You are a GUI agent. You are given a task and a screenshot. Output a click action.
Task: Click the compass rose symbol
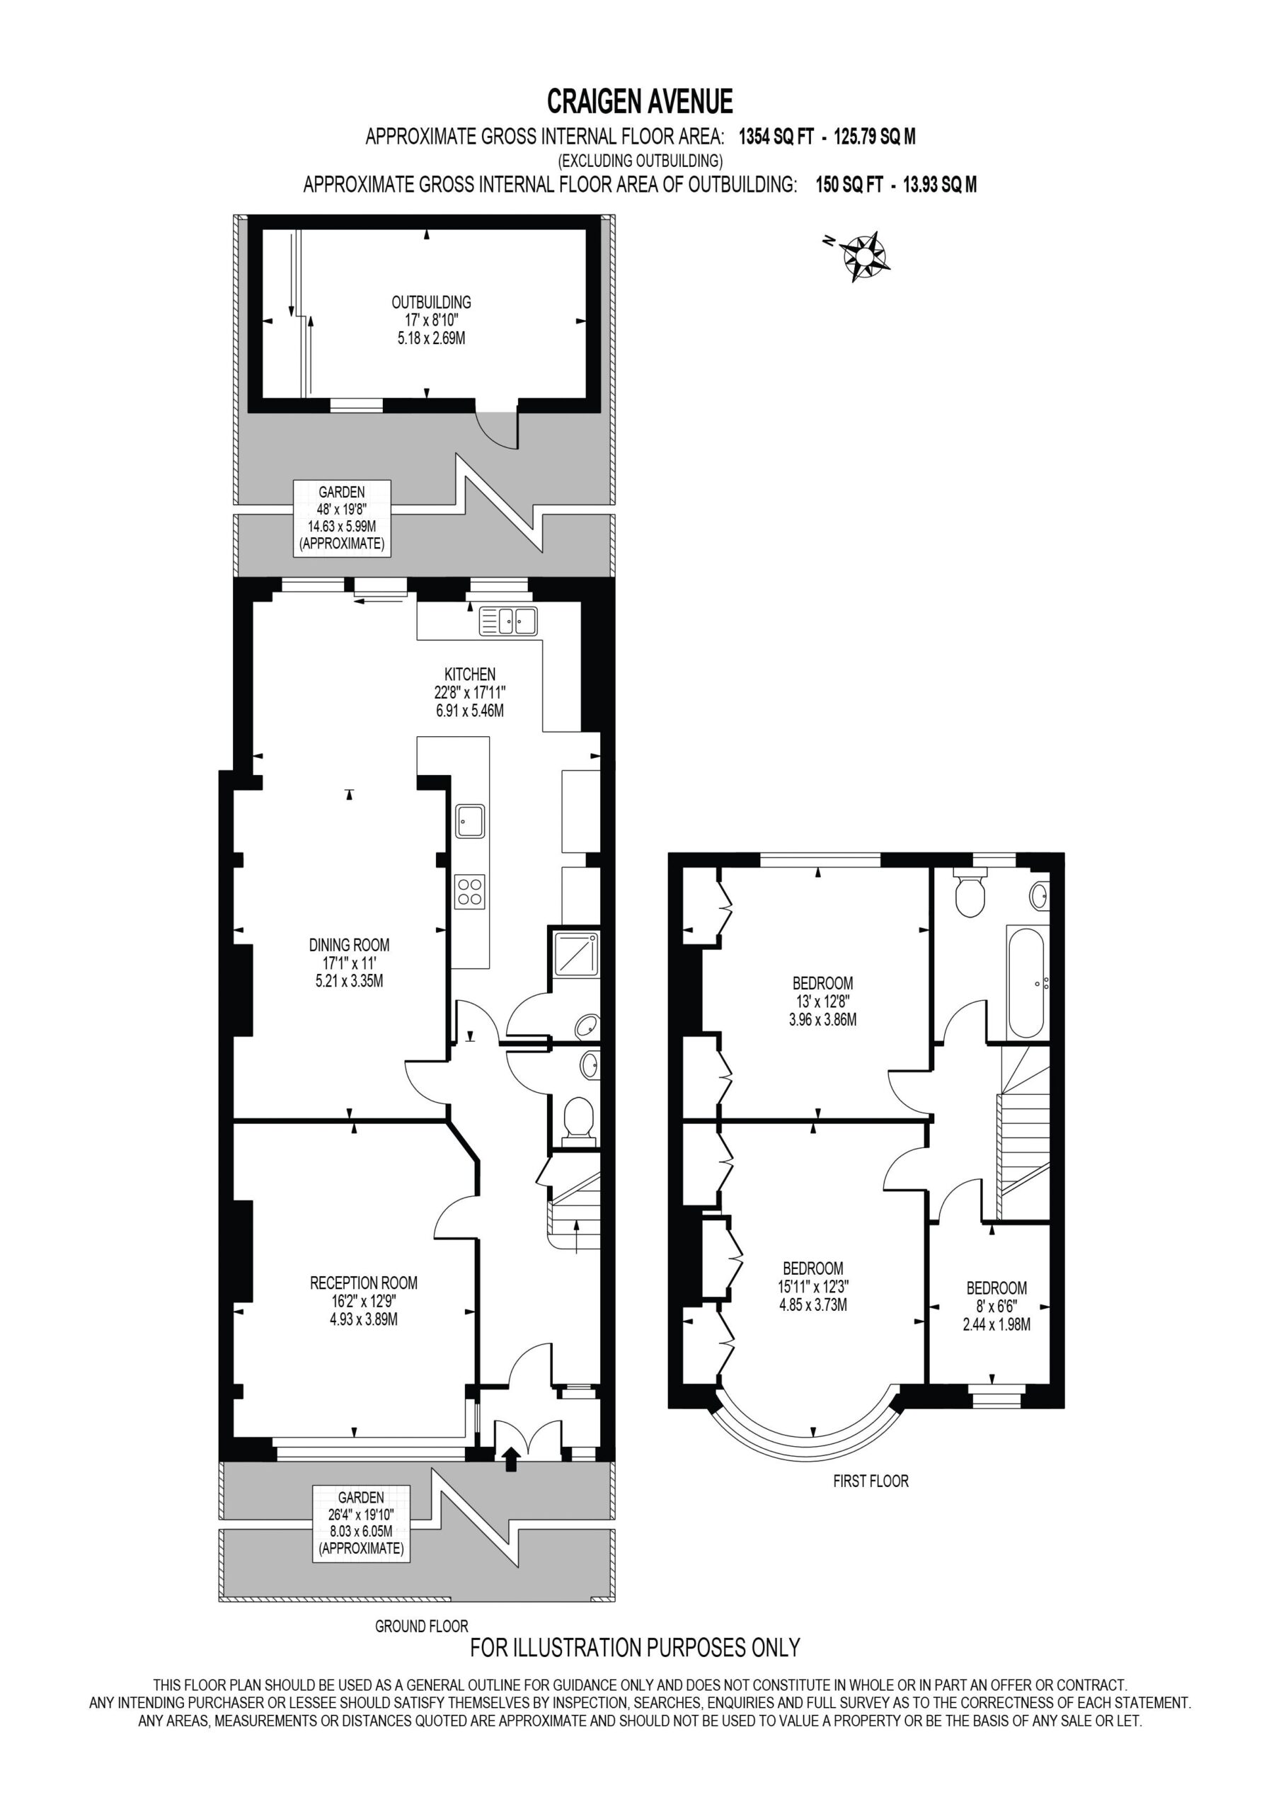[863, 256]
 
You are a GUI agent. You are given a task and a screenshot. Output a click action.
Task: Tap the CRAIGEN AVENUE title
[640, 102]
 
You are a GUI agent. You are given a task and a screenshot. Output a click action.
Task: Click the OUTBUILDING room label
[431, 302]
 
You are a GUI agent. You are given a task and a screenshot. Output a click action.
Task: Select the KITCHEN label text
[470, 674]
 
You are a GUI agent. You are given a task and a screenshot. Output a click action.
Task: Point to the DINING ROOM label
[349, 945]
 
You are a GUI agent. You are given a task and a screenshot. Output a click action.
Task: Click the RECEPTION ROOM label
[364, 1283]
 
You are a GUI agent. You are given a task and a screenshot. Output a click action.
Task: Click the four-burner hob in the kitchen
[470, 892]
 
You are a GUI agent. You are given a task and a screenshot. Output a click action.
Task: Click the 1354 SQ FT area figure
[776, 137]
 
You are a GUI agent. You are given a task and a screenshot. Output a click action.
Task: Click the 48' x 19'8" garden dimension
[342, 509]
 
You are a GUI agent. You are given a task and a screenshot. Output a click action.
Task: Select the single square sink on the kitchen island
[470, 821]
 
